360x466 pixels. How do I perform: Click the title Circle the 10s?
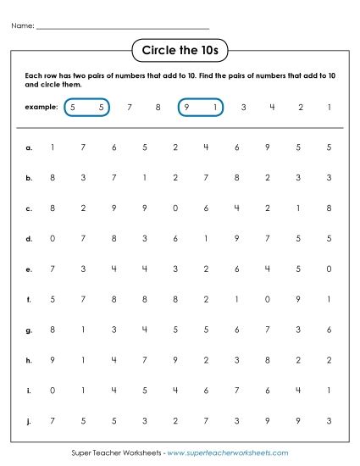[180, 52]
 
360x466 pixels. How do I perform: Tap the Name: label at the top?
[23, 26]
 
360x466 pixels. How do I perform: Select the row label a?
[29, 147]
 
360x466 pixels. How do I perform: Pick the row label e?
[29, 269]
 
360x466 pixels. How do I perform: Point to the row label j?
[29, 420]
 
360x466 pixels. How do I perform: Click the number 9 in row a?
[268, 147]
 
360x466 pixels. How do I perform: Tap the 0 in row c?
[175, 208]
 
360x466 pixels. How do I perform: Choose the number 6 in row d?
[175, 238]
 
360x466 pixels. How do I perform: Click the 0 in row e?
[329, 269]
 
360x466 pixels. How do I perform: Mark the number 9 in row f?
[298, 299]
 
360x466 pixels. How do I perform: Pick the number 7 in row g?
[268, 330]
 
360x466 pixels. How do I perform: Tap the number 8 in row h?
[268, 359]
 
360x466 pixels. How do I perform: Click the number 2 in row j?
[175, 420]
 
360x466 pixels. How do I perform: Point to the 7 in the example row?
[129, 108]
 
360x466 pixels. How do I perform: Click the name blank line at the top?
[123, 28]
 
